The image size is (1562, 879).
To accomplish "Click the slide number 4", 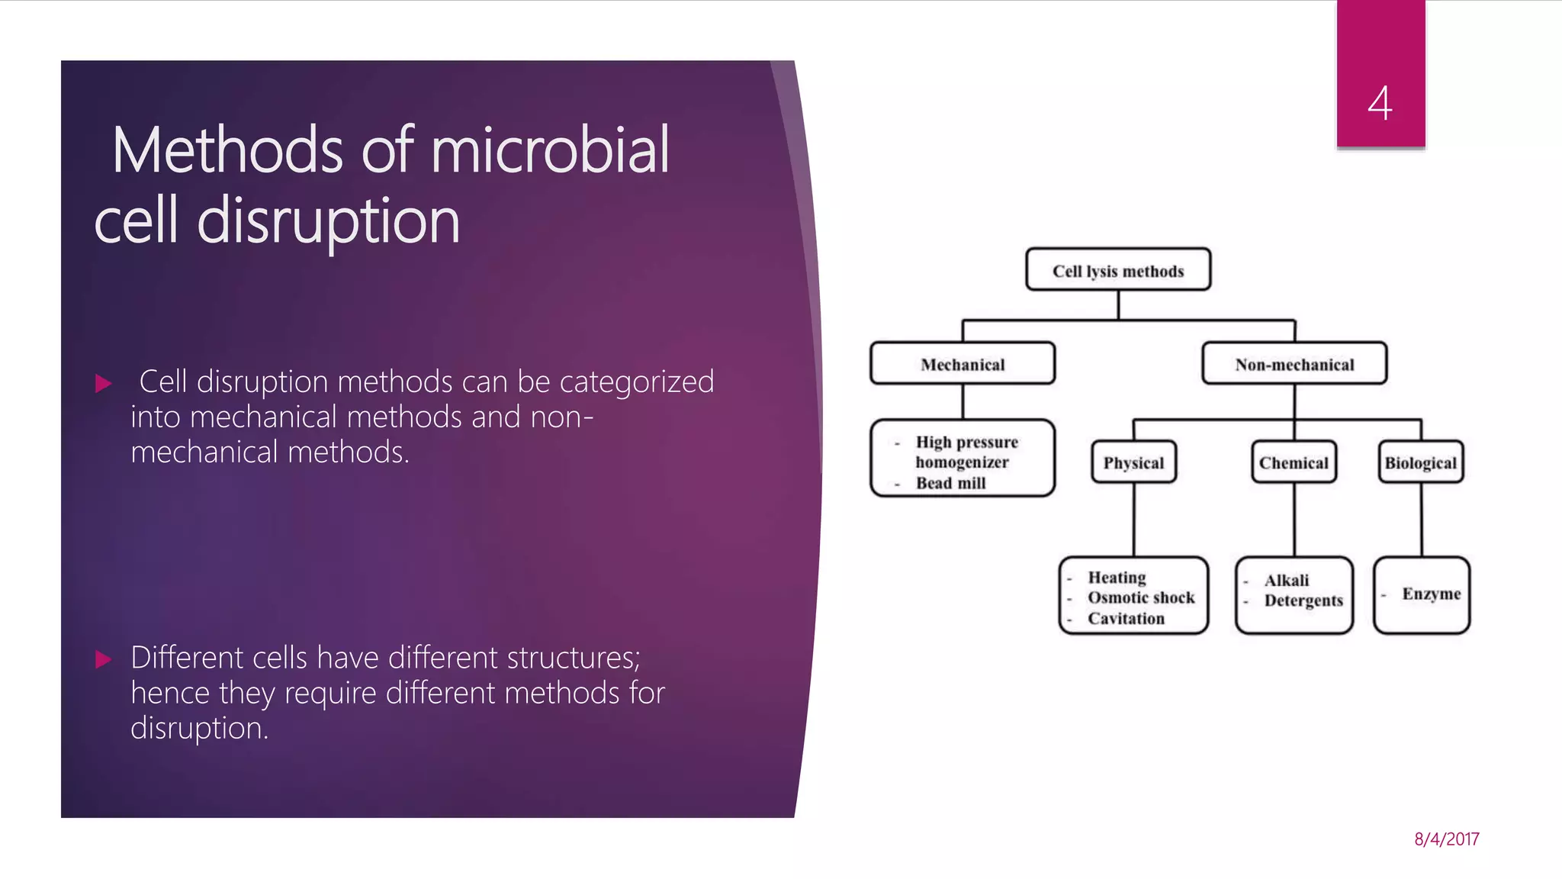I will point(1380,103).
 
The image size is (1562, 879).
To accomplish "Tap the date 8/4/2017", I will point(1446,839).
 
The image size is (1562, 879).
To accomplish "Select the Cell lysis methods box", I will point(1118,271).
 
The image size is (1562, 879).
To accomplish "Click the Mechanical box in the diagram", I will point(963,365).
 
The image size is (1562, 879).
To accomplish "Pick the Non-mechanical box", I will point(1294,365).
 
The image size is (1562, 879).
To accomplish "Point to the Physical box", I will point(1133,463).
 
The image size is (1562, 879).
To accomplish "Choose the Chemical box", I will point(1294,463).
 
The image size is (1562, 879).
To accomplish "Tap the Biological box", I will point(1420,463).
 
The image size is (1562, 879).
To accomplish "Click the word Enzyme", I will point(1431,594).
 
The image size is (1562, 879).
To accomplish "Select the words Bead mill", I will point(950,483).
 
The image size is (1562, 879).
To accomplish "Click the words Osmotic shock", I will point(1141,597).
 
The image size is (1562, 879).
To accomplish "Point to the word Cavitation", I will point(1126,619).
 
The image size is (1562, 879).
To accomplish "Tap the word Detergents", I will point(1303,600).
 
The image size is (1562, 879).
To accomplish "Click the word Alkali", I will point(1286,580).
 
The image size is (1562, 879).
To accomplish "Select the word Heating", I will point(1117,578).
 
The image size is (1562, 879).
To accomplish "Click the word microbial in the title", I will point(549,150).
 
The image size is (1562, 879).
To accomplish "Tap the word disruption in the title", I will point(328,221).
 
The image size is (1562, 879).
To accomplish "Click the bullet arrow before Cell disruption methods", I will point(104,383).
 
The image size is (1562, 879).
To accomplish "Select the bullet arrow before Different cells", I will point(104,659).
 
